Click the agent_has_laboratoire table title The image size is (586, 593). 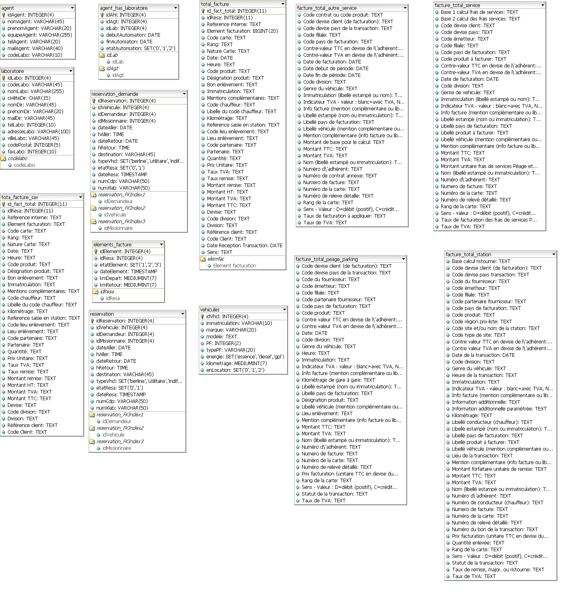pyautogui.click(x=124, y=8)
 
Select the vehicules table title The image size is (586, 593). pyautogui.click(x=210, y=310)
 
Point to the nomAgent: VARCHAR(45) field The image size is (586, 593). pyautogui.click(x=35, y=22)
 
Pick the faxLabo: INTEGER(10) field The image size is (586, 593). pyautogui.click(x=32, y=151)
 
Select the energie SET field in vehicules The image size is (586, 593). pyautogui.click(x=245, y=356)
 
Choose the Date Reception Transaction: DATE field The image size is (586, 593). pyautogui.click(x=244, y=245)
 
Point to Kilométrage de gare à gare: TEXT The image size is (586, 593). pyautogui.click(x=338, y=380)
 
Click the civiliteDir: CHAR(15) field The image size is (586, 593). pyautogui.click(x=29, y=98)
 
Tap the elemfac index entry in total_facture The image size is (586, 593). pyautogui.click(x=216, y=259)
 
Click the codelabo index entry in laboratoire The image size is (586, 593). pyautogui.click(x=18, y=158)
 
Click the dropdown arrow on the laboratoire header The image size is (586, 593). pyautogui.click(x=71, y=71)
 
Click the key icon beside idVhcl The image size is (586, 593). pyautogui.click(x=202, y=316)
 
